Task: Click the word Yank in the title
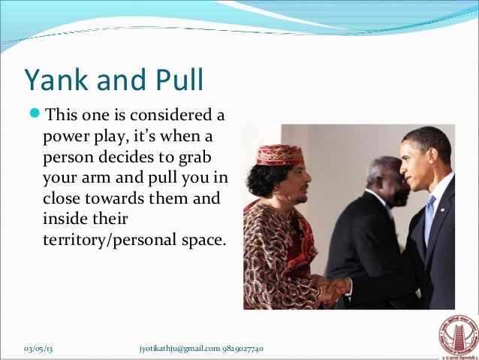[x=54, y=80]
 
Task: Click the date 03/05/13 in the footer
[x=42, y=349]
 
